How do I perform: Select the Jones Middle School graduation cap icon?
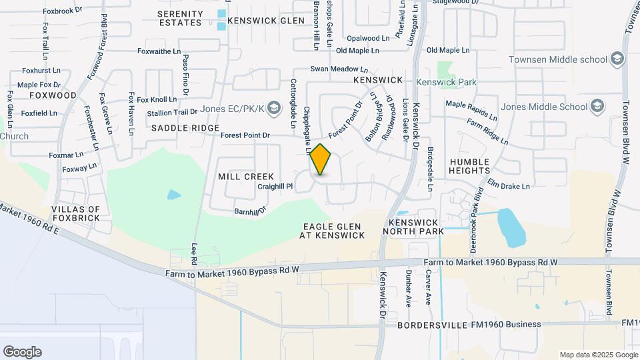(x=597, y=107)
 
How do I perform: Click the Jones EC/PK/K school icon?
(x=272, y=107)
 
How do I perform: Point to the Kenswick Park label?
(x=446, y=82)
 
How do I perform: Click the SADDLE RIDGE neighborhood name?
(x=185, y=128)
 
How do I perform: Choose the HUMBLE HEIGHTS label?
(x=479, y=166)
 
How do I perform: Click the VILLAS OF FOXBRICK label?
(x=75, y=213)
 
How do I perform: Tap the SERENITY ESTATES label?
(x=180, y=18)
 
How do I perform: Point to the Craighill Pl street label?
(x=275, y=187)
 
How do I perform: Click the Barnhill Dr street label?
(x=250, y=211)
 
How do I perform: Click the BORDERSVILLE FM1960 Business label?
(x=469, y=325)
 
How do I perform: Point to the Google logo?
(x=22, y=352)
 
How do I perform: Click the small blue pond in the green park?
(x=173, y=195)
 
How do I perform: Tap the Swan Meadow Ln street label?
(x=339, y=69)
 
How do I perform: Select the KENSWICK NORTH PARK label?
(x=413, y=227)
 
